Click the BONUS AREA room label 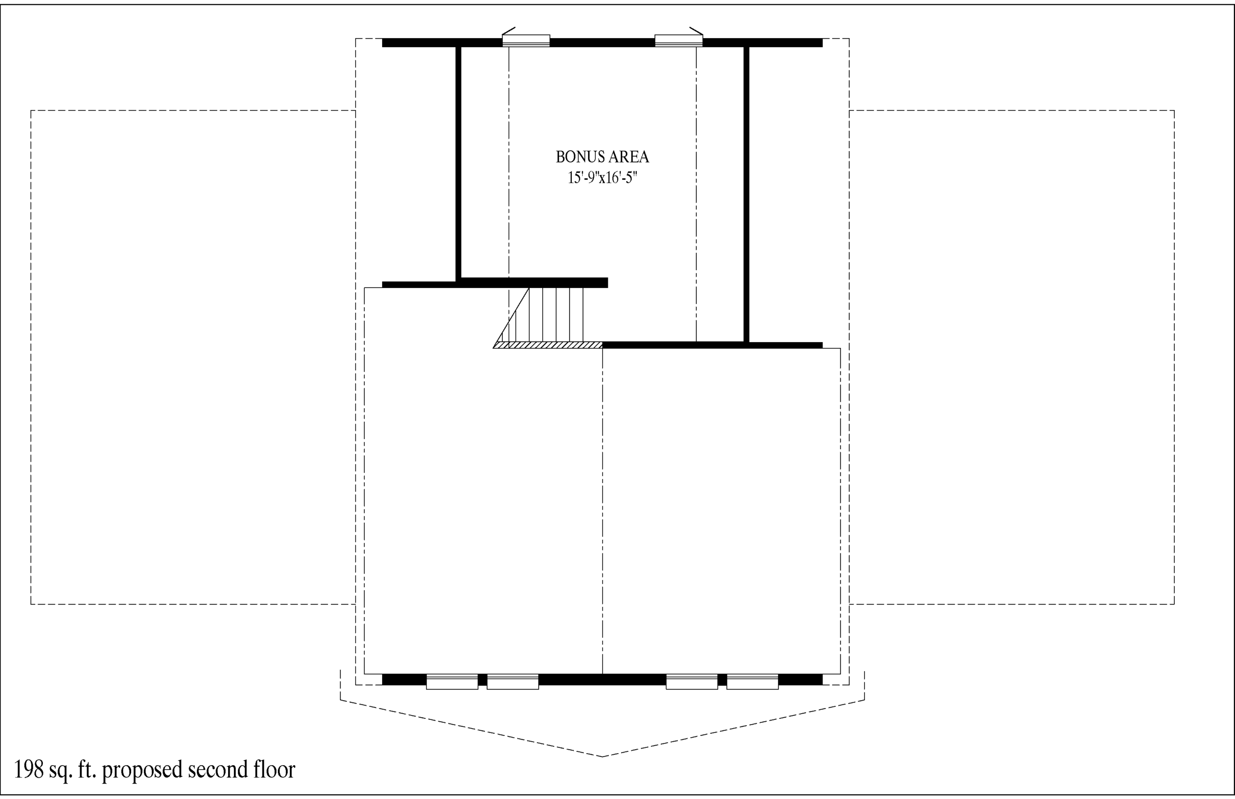[602, 157]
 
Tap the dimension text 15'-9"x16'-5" [602, 178]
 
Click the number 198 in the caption [29, 770]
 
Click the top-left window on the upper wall [526, 41]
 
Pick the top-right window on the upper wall [678, 41]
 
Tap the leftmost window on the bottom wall [452, 682]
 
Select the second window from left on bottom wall [512, 682]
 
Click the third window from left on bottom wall [691, 682]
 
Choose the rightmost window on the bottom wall [752, 682]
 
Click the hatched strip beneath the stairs [548, 345]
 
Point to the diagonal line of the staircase [511, 317]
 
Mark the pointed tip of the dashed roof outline [602, 757]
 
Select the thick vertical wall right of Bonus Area [746, 194]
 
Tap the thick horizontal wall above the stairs [495, 283]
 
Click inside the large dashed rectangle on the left [193, 357]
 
